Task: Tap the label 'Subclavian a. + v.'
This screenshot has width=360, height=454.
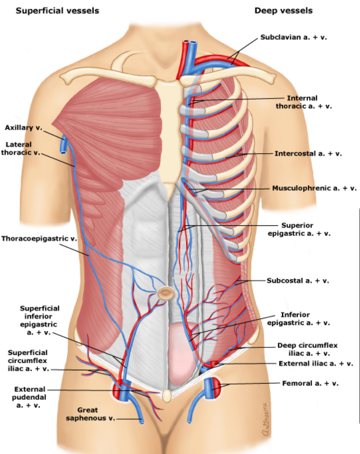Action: [294, 37]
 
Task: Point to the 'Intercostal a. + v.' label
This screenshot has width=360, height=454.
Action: [308, 153]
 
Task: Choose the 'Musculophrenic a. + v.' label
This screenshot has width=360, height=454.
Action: [314, 188]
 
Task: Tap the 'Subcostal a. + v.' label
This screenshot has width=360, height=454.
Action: [298, 281]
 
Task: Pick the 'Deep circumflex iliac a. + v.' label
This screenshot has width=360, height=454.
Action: [307, 349]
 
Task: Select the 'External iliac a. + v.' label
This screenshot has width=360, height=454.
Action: [316, 364]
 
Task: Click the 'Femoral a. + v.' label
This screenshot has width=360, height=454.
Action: [310, 383]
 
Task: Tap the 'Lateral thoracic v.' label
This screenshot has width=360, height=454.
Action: [21, 148]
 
